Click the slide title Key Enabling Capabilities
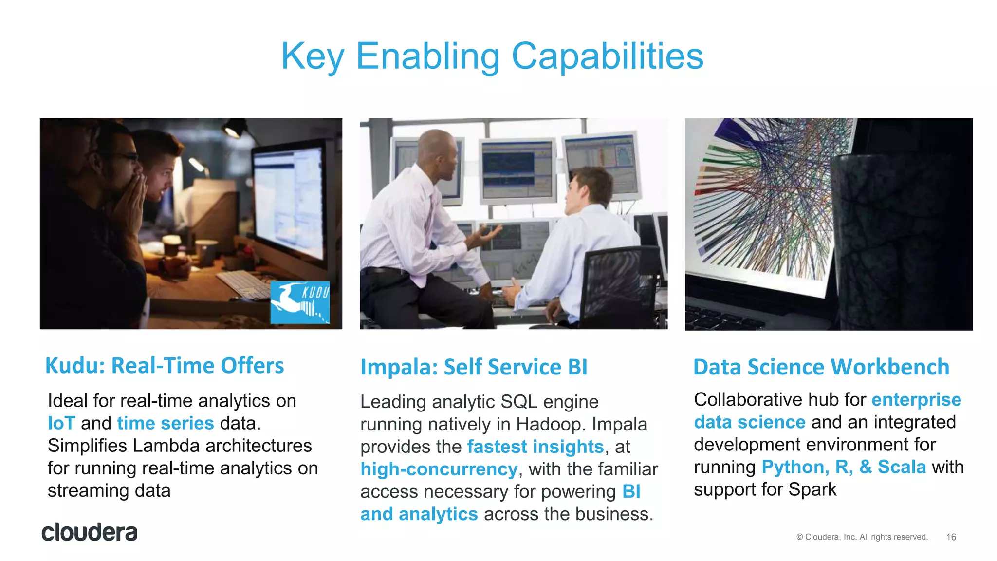coord(492,56)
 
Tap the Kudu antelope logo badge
coord(300,302)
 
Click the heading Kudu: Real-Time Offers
coord(164,366)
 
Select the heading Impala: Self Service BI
coord(474,367)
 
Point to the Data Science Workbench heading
coord(821,367)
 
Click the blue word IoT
coord(61,423)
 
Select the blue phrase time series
coord(166,423)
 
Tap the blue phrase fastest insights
coord(535,447)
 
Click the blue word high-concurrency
coord(439,469)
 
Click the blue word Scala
coord(901,467)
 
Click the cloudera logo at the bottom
coord(90,532)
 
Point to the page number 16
coord(951,537)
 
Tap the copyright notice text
coord(862,537)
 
